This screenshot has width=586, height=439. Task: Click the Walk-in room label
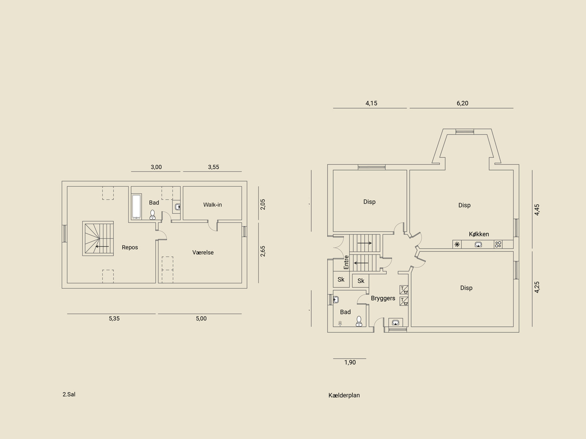click(212, 205)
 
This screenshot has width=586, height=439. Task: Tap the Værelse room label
click(203, 252)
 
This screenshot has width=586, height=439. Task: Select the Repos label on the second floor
click(130, 247)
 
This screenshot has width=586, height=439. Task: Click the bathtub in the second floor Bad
click(136, 206)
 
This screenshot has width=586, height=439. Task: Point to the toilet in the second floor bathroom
click(152, 215)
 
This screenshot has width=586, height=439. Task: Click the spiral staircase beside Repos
click(98, 239)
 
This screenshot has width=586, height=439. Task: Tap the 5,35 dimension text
click(114, 319)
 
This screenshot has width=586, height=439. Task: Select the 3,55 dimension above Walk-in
click(214, 167)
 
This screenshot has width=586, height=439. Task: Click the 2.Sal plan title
click(69, 394)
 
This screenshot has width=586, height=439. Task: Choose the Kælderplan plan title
click(344, 395)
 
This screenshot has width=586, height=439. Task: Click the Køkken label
click(479, 234)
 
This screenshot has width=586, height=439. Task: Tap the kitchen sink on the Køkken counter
click(478, 244)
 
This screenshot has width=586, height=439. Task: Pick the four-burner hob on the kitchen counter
click(498, 244)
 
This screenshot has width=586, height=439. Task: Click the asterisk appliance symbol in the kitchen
click(457, 244)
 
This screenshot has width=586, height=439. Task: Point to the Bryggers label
click(383, 298)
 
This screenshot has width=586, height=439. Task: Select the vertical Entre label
click(346, 262)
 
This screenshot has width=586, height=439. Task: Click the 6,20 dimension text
click(463, 103)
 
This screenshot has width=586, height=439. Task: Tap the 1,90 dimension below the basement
click(350, 363)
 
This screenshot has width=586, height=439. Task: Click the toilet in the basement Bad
click(359, 321)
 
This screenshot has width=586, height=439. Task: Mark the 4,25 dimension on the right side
click(537, 287)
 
